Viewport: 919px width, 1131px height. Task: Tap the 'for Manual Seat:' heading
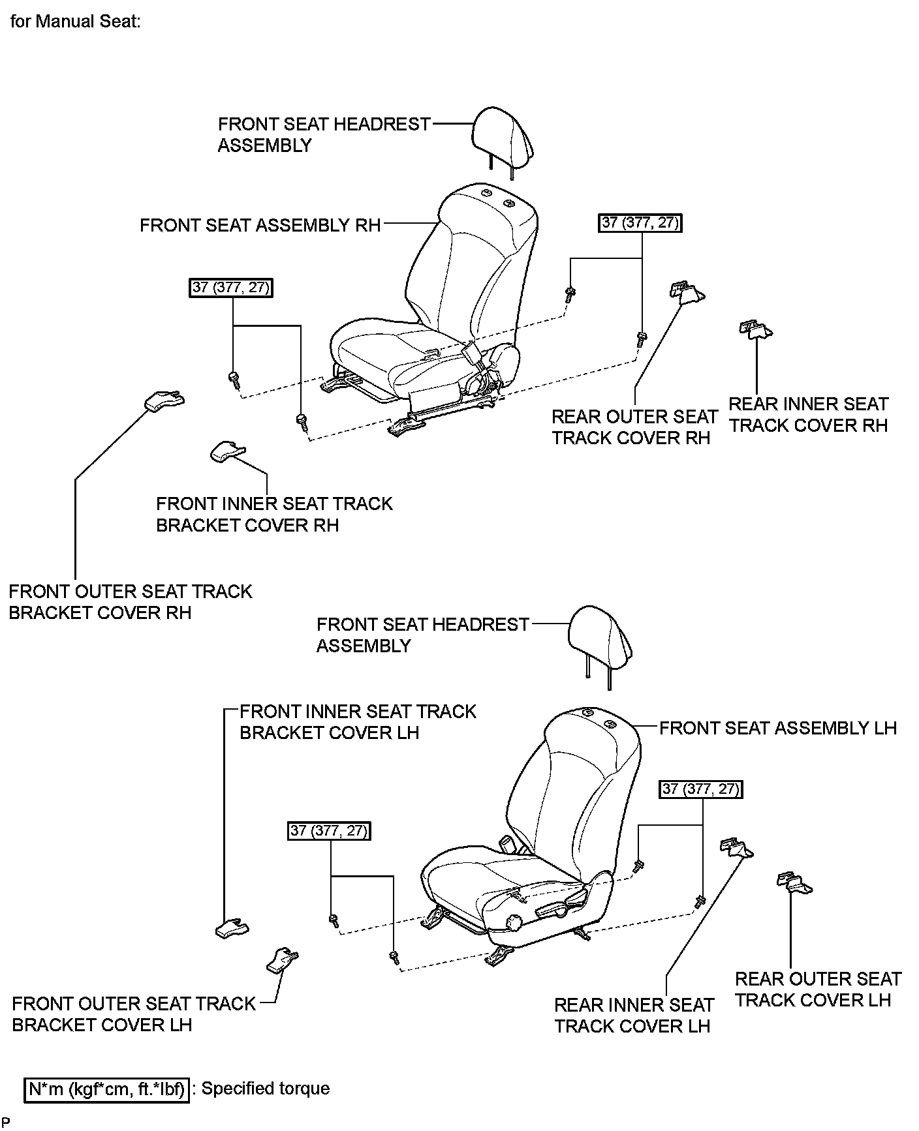click(76, 22)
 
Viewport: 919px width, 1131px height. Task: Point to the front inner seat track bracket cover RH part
click(225, 451)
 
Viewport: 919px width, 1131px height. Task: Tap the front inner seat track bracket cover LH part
click(232, 927)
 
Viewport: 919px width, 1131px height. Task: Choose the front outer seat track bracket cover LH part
click(282, 960)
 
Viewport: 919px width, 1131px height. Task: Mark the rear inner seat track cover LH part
click(736, 849)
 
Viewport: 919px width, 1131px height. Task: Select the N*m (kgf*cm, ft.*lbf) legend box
click(107, 1089)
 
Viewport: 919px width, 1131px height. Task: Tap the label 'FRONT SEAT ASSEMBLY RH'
click(260, 226)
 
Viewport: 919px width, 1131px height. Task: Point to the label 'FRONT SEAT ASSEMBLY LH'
click(777, 728)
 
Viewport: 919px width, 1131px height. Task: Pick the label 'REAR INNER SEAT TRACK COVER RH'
click(808, 415)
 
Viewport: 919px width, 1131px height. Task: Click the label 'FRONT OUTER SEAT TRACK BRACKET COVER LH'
click(134, 1014)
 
